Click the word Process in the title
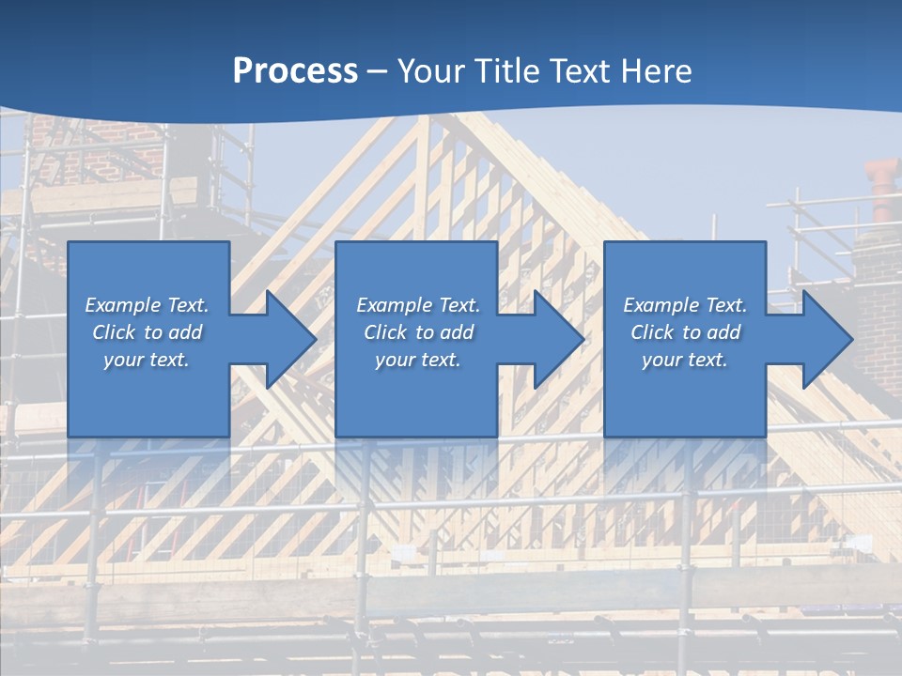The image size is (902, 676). [x=295, y=71]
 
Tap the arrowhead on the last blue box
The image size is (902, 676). [x=826, y=339]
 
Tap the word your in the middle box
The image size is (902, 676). [x=395, y=360]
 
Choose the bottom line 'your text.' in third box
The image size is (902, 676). [x=684, y=360]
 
